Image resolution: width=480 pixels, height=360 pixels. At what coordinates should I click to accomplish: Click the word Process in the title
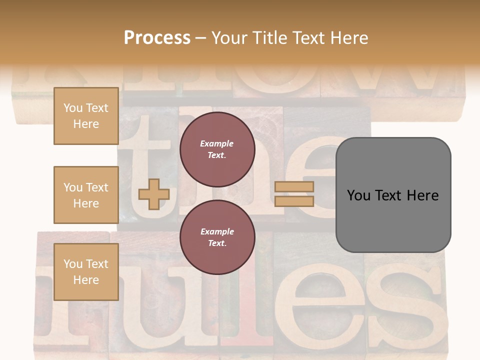click(x=157, y=38)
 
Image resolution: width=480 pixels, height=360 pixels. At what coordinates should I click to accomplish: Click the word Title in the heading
click(x=270, y=38)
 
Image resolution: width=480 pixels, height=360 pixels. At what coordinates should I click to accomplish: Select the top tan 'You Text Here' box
click(x=86, y=116)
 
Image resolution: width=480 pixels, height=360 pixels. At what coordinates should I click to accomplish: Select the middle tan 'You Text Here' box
click(x=86, y=195)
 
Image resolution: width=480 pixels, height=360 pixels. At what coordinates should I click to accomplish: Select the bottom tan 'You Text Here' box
click(x=86, y=271)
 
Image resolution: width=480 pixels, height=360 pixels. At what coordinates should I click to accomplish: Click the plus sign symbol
click(x=153, y=194)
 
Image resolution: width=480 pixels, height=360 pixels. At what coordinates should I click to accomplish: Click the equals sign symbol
click(x=294, y=194)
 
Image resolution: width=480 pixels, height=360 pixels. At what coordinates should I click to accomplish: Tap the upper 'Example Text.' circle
click(x=217, y=149)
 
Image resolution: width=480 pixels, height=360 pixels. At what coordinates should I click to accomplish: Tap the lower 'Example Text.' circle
click(x=217, y=237)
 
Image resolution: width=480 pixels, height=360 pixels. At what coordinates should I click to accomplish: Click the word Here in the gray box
click(x=422, y=195)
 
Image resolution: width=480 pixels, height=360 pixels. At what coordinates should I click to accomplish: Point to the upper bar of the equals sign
click(x=294, y=187)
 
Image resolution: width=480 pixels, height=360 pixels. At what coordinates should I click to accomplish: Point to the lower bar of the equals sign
click(x=294, y=201)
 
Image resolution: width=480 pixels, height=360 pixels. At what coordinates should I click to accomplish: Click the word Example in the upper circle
click(x=217, y=143)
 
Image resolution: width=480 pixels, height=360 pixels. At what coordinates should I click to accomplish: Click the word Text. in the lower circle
click(x=217, y=243)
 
